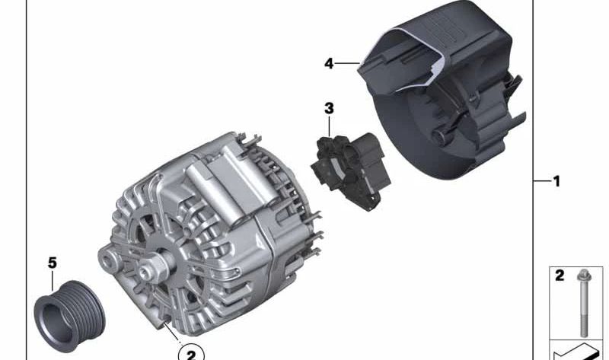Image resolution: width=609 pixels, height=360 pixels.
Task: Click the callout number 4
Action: pos(329,63)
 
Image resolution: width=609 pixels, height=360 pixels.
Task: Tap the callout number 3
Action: pos(329,108)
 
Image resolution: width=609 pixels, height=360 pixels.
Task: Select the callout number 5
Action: pos(53,263)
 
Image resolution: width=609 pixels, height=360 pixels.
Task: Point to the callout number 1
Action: pos(556,181)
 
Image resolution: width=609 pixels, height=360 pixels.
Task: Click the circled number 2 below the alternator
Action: pos(191,354)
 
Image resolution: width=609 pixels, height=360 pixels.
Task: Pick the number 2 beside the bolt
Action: pos(560,276)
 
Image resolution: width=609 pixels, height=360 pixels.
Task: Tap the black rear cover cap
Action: pos(442,89)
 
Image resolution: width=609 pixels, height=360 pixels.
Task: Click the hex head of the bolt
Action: pos(584,276)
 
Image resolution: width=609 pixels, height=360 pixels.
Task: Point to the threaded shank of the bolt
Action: pos(584,311)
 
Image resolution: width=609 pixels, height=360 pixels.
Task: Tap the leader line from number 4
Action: pos(347,63)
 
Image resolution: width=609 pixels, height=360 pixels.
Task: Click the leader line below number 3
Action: pos(329,126)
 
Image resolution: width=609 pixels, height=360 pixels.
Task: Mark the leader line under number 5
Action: pos(53,281)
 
